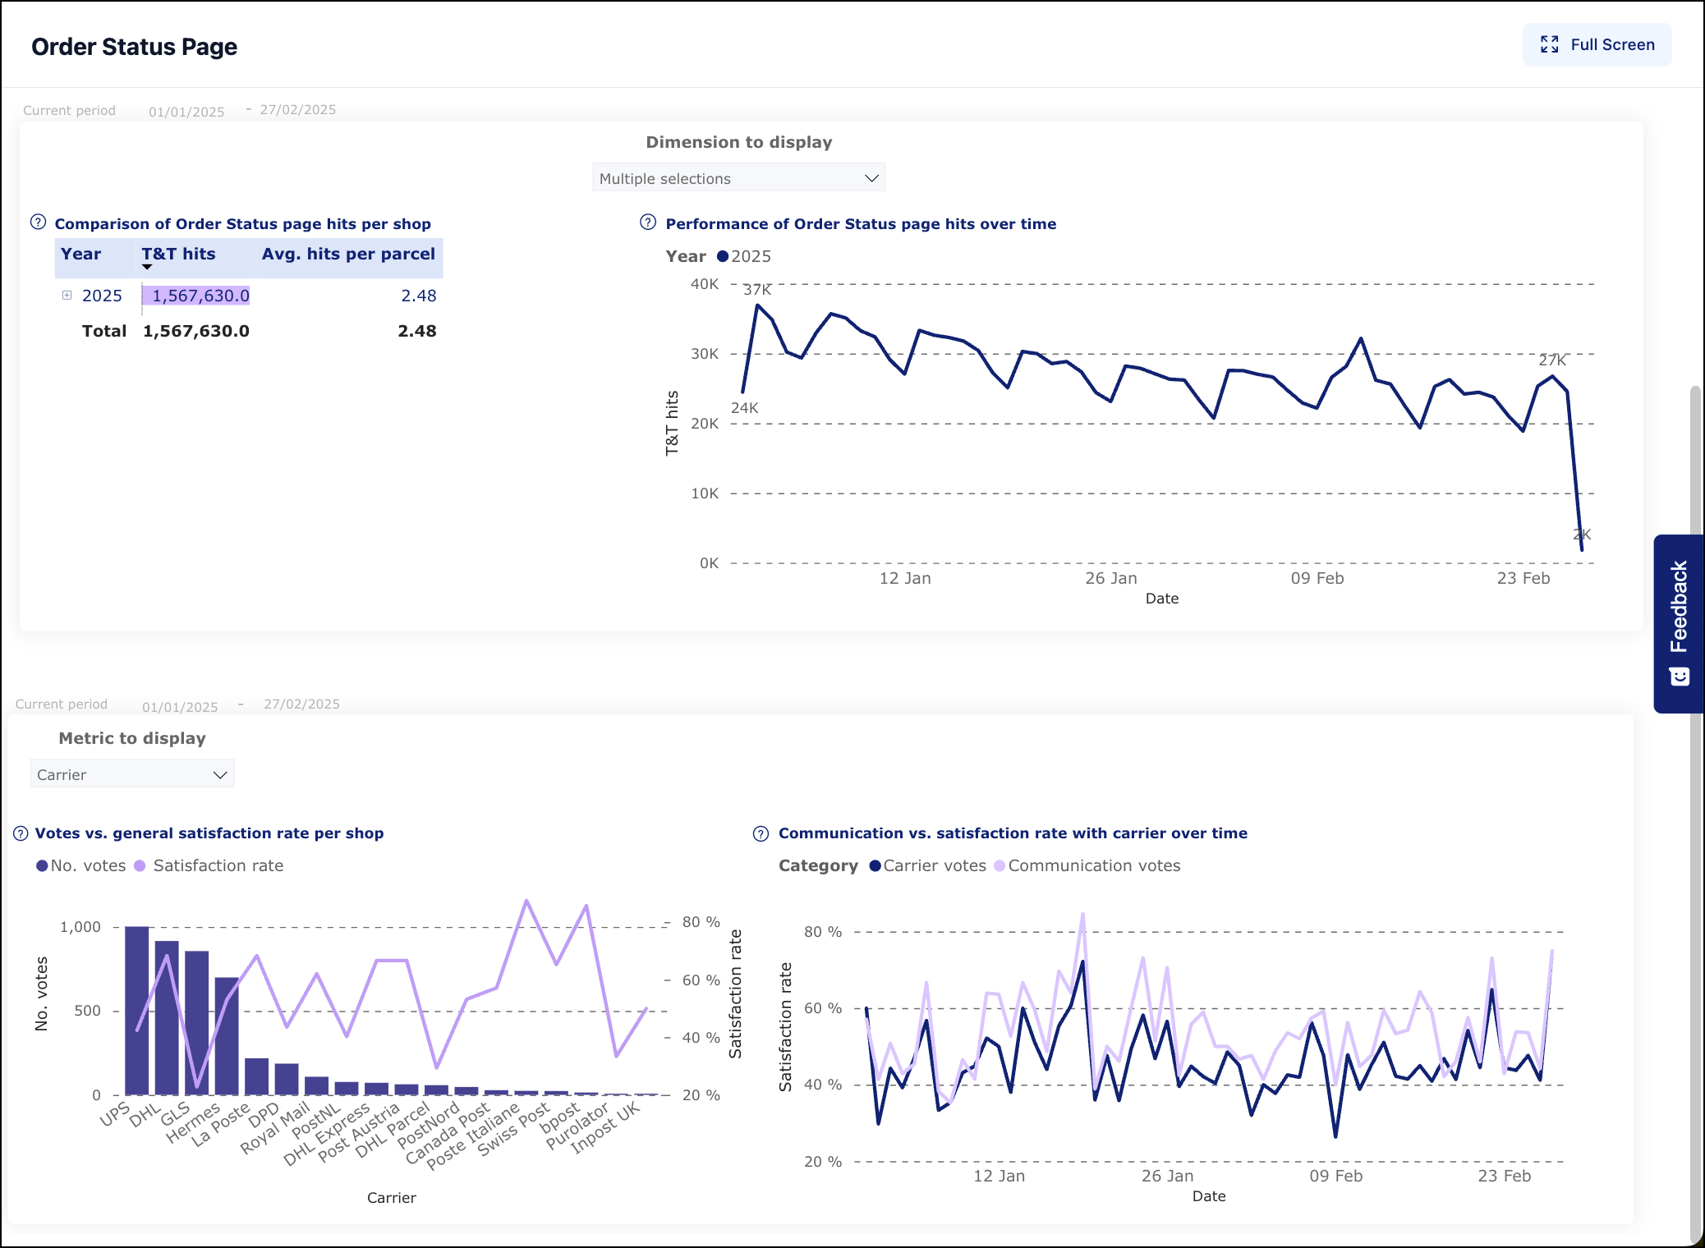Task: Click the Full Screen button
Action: tap(1597, 45)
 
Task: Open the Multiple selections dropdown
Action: tap(738, 178)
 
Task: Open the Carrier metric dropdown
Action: tap(131, 774)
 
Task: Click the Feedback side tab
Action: tap(1679, 623)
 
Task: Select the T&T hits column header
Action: tap(178, 255)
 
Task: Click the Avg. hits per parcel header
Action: tap(348, 255)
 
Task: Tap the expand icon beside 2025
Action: tap(67, 296)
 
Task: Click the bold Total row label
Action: tap(103, 331)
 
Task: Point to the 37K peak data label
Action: tap(757, 290)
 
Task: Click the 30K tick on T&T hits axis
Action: tap(705, 354)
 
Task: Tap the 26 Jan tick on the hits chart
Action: tap(1110, 578)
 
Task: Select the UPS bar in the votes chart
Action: tap(137, 1010)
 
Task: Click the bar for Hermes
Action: tap(227, 1036)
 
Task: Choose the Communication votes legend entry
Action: tap(1093, 865)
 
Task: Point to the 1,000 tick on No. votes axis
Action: tap(80, 927)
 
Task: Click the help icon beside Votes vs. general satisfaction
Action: tap(21, 833)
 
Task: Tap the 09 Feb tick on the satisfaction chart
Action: tap(1335, 1176)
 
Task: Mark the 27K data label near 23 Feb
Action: tap(1551, 360)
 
